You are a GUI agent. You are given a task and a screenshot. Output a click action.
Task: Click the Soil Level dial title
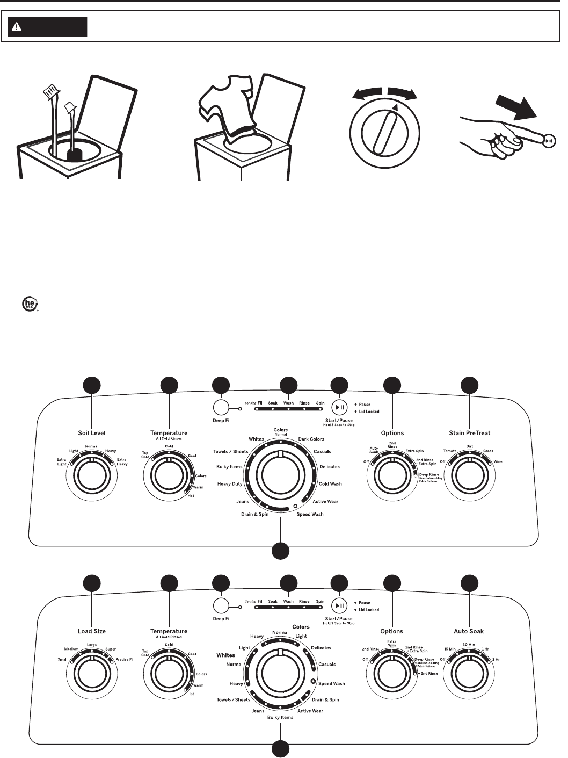(92, 433)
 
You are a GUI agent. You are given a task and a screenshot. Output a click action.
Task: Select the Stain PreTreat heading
(470, 433)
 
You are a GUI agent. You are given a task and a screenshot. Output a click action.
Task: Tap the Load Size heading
(92, 631)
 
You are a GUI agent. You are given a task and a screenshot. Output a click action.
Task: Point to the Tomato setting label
(449, 451)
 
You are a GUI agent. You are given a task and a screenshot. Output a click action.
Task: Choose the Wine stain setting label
(498, 461)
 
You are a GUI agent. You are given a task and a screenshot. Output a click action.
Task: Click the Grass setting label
(488, 451)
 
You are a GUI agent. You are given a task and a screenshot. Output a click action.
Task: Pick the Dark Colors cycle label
(311, 439)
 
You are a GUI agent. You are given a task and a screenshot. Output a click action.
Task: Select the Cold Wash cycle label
(330, 484)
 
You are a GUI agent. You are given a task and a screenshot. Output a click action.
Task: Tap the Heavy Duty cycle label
(230, 484)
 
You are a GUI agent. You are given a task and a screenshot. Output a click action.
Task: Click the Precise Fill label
(125, 659)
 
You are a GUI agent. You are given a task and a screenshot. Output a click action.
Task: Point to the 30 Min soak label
(469, 645)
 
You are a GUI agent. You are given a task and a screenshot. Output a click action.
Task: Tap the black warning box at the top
(47, 26)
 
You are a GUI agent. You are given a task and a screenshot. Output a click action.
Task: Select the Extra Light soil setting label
(62, 462)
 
